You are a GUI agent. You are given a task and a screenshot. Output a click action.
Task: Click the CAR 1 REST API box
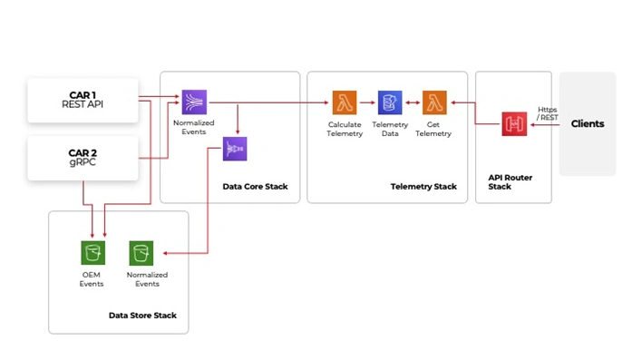(x=83, y=100)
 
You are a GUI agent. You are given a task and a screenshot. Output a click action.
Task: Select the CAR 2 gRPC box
(x=83, y=158)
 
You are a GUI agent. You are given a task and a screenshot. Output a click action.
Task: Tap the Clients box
(x=587, y=124)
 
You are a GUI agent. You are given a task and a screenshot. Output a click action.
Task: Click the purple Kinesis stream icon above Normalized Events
(x=194, y=102)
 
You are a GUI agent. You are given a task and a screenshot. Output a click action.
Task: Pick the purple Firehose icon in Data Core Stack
(x=235, y=149)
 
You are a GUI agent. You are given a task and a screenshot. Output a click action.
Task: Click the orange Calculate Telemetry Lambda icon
(x=345, y=102)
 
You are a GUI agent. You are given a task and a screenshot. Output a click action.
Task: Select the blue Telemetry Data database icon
(x=390, y=102)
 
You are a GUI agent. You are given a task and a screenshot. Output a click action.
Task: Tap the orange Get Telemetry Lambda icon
(x=435, y=102)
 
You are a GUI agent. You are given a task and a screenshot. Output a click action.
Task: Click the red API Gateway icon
(x=514, y=124)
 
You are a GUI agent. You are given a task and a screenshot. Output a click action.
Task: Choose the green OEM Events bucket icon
(x=92, y=253)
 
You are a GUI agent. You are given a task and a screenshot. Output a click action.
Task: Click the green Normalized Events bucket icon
(x=141, y=253)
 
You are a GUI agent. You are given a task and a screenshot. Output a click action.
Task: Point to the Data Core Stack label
(x=255, y=187)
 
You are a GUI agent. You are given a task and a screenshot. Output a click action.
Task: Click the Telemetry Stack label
(x=423, y=187)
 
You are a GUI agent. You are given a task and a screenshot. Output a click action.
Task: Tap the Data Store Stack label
(x=142, y=316)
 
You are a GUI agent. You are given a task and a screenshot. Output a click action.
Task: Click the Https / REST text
(x=548, y=113)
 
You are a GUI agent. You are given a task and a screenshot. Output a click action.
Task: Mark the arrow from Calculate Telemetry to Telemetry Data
(x=367, y=102)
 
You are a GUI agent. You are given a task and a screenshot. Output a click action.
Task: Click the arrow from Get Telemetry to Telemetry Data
(x=413, y=102)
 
